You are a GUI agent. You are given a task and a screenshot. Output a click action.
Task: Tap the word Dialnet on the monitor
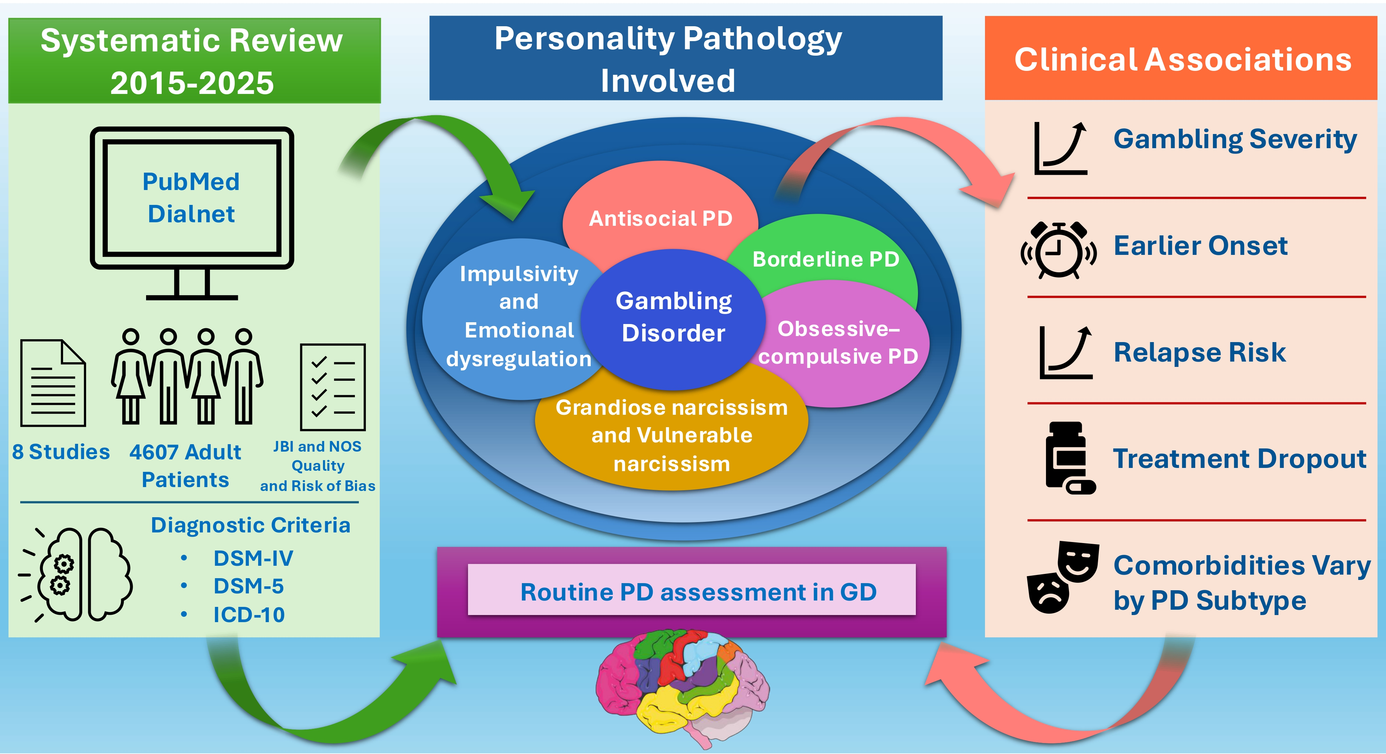(191, 214)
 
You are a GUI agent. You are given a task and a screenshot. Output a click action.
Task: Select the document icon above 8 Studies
(53, 382)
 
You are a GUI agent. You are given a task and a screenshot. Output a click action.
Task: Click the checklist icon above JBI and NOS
(333, 387)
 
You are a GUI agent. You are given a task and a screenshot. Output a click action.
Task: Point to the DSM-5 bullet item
(248, 586)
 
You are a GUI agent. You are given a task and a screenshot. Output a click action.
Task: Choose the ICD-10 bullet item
(249, 615)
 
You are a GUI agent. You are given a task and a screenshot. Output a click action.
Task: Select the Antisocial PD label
(660, 218)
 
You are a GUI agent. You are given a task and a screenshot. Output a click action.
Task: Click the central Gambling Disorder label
(674, 317)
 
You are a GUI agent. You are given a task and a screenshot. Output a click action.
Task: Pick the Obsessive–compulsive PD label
(838, 342)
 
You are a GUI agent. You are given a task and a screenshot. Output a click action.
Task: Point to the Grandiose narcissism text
(672, 408)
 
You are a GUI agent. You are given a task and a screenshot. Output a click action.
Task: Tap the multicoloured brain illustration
(682, 688)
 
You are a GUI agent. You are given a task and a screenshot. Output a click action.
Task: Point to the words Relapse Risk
(1199, 353)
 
